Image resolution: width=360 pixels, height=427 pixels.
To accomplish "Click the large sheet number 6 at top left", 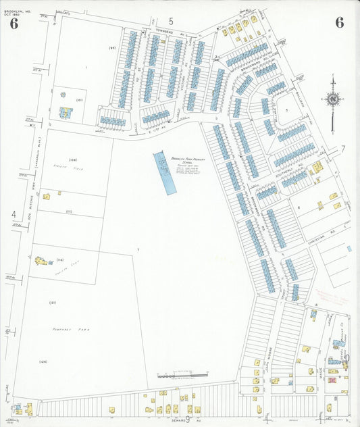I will (x=14, y=24).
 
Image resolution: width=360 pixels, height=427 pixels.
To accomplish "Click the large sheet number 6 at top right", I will (x=339, y=22).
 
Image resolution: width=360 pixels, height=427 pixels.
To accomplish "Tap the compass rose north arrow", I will (x=332, y=100).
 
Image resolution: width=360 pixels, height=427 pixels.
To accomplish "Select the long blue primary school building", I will (x=164, y=173).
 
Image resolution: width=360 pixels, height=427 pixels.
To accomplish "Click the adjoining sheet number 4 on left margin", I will (x=13, y=215).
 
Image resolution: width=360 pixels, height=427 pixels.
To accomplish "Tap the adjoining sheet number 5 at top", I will (x=171, y=21).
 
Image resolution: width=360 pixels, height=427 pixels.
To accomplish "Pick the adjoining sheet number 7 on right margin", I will (x=342, y=148).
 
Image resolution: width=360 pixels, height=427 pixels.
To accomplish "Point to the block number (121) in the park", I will (x=52, y=302).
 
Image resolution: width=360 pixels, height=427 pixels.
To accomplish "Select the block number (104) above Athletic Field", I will (x=73, y=141).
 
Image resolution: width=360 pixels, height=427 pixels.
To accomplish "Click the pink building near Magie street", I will (x=332, y=380).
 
